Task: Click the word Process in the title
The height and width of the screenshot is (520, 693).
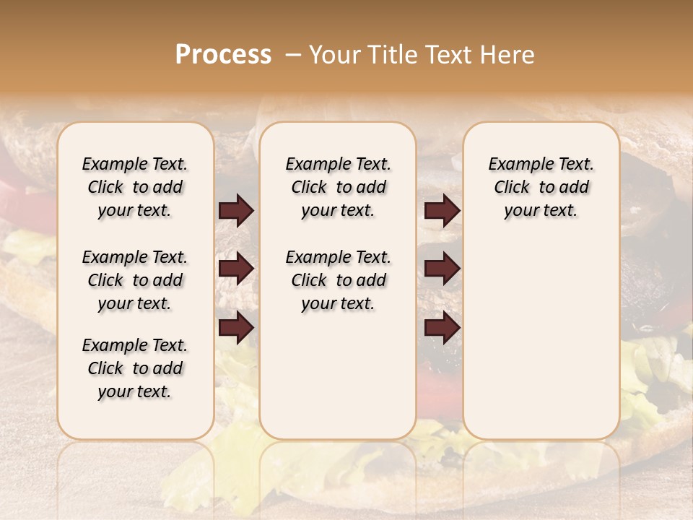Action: point(223,55)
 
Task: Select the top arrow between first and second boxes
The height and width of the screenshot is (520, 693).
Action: point(236,211)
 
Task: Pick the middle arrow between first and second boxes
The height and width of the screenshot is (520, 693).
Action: point(236,269)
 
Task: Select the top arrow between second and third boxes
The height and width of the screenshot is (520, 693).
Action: point(443,211)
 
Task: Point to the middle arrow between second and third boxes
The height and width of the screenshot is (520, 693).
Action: point(443,269)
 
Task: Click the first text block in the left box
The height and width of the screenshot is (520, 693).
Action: point(135,187)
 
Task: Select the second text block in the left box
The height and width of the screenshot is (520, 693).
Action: point(135,280)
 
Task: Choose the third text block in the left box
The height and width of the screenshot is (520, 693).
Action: point(135,368)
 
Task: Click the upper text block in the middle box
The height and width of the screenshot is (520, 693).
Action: point(338,187)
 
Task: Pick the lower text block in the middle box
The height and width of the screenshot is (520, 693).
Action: point(338,280)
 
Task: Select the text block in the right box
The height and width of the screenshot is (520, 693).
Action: point(541,187)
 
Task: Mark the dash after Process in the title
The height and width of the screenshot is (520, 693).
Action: point(292,55)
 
